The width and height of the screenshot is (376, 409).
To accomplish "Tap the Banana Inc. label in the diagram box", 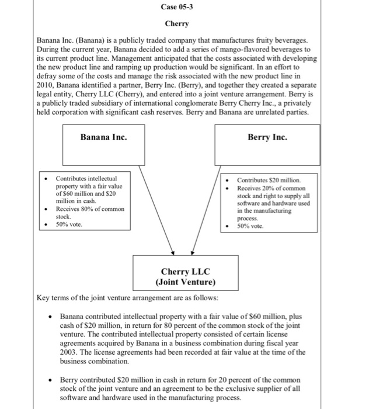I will [x=103, y=137].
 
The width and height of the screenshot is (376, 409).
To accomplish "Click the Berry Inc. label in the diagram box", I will [x=267, y=137].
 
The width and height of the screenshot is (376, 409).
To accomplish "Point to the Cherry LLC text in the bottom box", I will [x=185, y=272].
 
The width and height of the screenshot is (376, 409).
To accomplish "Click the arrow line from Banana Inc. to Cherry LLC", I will [x=153, y=216].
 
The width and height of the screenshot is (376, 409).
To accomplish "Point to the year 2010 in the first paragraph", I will [x=46, y=86].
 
